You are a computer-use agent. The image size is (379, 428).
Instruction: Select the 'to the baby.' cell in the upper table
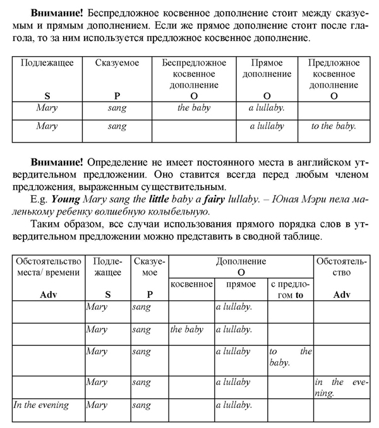tap(334, 126)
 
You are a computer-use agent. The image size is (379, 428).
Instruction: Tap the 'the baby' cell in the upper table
tap(193, 107)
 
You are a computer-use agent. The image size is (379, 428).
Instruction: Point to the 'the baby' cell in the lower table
tap(187, 330)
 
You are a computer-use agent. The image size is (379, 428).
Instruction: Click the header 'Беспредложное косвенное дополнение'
tap(193, 74)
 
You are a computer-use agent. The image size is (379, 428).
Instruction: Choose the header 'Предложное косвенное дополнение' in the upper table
tap(334, 74)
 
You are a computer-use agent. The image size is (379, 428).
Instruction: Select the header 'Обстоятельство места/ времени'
tap(49, 266)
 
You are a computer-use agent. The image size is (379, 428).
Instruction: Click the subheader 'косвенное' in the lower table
tap(191, 284)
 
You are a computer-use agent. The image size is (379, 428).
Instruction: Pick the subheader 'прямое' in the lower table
tap(241, 284)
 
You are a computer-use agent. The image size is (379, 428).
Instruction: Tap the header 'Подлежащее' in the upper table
tap(47, 63)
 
